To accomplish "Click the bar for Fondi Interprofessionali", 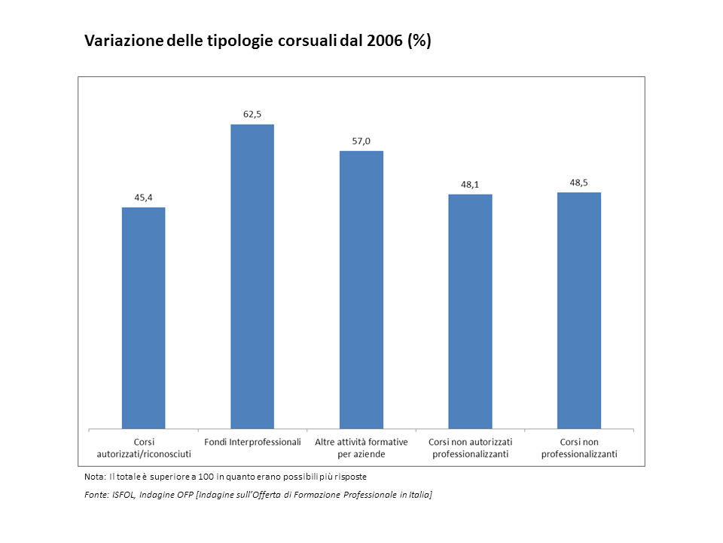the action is point(252,277).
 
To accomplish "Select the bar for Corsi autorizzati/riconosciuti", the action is point(143,318).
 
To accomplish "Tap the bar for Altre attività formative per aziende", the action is point(361,290).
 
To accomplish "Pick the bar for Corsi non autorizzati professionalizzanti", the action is point(470,311).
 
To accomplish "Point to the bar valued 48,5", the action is point(579,311).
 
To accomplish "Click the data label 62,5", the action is point(252,115).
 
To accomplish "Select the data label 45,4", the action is point(143,198).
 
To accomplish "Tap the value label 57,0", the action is point(361,141).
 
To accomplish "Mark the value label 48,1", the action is point(470,185).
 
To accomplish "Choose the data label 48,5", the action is point(578,183).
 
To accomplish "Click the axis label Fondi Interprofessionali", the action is point(253,443).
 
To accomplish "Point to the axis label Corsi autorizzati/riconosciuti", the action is point(144,448).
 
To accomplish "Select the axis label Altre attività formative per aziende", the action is point(361,448).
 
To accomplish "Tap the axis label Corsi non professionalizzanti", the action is point(579,448).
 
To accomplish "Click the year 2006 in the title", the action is point(385,41).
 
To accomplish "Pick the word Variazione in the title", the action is point(124,41).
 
